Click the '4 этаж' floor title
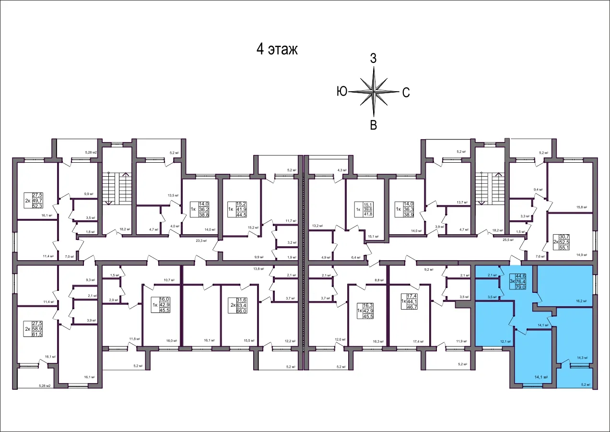tap(277, 49)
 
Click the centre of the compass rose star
tap(374, 91)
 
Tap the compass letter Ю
tap(342, 92)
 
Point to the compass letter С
tap(405, 93)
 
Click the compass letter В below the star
tap(373, 125)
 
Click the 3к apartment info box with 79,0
tap(520, 281)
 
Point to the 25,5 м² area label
tap(507, 239)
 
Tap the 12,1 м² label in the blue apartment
tap(504, 341)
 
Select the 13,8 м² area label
tap(259, 269)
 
